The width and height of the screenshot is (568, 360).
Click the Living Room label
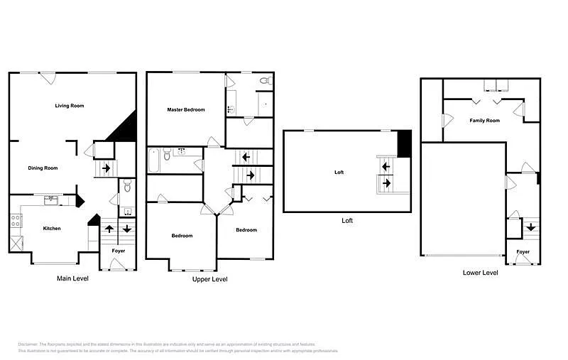[x=70, y=106]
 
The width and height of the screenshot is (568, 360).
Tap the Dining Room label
[x=43, y=168]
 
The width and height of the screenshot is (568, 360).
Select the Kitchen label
[x=52, y=229]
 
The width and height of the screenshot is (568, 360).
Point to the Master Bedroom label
[x=186, y=110]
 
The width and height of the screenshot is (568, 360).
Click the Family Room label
[x=484, y=121]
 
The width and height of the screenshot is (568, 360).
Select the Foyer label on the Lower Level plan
[x=523, y=252]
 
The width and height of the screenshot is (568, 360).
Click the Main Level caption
[x=72, y=279]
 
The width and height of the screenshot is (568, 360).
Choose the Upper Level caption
[x=210, y=280]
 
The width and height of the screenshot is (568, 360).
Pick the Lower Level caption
[x=481, y=273]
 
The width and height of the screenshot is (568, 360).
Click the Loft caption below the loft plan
[x=347, y=221]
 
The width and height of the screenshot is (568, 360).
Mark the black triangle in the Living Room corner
[x=124, y=129]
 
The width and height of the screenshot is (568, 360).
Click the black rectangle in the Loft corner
[x=404, y=143]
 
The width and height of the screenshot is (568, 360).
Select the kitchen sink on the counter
[x=51, y=200]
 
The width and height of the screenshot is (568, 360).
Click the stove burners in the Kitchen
[x=14, y=220]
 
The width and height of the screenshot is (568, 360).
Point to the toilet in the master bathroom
[x=265, y=81]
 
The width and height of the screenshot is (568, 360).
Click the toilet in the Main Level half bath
[x=127, y=186]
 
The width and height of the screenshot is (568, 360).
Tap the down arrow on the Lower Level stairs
[x=530, y=228]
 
